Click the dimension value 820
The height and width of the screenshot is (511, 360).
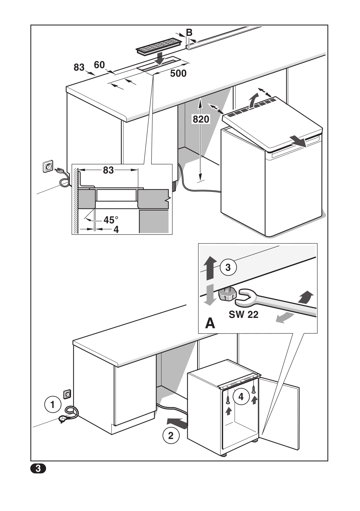click(201, 119)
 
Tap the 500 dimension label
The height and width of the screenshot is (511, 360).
click(178, 73)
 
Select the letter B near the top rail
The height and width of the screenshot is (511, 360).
click(189, 32)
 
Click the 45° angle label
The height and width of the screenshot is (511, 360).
click(111, 220)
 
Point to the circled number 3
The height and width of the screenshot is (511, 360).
click(228, 267)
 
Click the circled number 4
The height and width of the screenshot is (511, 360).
click(241, 397)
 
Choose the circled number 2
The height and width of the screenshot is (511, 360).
click(171, 435)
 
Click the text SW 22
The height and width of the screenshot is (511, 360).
click(244, 315)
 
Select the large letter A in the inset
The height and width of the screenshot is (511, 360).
click(210, 323)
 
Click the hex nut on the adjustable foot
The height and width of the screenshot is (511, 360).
click(227, 295)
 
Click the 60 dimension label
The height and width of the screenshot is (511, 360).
click(99, 65)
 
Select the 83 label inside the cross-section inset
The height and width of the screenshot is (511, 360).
click(108, 170)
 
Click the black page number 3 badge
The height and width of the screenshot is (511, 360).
click(38, 469)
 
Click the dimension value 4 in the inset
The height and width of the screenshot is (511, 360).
click(116, 229)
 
